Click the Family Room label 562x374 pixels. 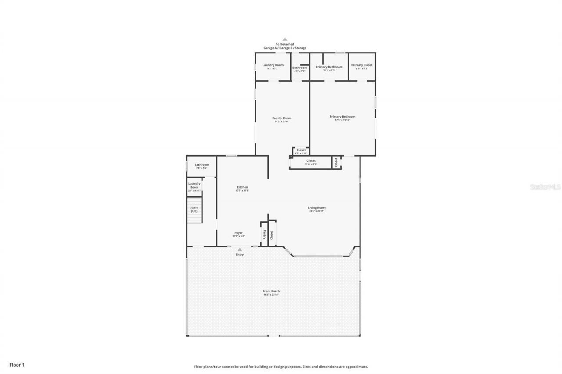click(x=281, y=118)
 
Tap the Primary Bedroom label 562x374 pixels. click(x=342, y=117)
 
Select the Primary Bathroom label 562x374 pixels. click(x=329, y=67)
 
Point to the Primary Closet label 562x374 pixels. click(x=362, y=65)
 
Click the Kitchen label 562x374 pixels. click(x=242, y=187)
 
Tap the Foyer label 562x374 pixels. click(x=238, y=233)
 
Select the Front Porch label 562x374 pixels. click(x=271, y=291)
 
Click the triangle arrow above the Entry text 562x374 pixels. click(x=240, y=249)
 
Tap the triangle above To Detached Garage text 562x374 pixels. click(x=285, y=39)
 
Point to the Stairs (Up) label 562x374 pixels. click(x=194, y=209)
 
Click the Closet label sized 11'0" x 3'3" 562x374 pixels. click(x=311, y=161)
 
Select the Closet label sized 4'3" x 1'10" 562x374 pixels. click(x=301, y=150)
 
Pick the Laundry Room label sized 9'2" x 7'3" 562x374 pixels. click(x=273, y=65)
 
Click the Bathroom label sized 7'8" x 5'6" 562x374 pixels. click(x=202, y=165)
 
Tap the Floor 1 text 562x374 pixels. click(x=17, y=364)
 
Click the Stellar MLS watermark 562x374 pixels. click(x=545, y=187)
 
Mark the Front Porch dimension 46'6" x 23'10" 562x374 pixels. click(x=271, y=295)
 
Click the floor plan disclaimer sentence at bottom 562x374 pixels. click(x=281, y=367)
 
